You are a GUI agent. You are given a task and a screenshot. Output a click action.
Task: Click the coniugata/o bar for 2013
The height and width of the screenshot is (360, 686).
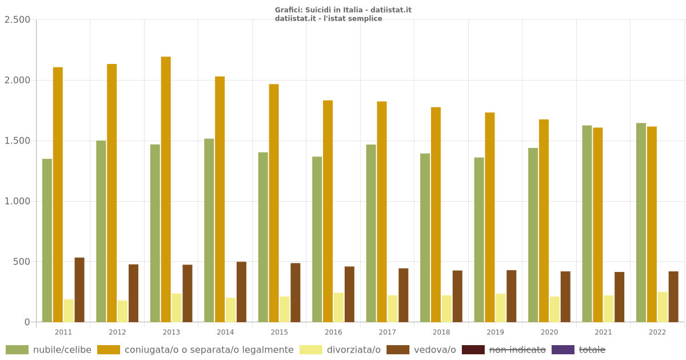point(166,189)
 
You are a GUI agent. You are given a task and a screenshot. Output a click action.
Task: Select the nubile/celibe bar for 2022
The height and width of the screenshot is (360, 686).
point(641,222)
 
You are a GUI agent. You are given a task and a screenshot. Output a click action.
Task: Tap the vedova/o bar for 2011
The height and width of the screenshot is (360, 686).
point(79,290)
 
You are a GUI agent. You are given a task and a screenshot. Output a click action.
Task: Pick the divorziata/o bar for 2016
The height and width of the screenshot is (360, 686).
point(338,307)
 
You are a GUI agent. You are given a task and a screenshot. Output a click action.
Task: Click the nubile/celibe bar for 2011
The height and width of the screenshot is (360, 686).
point(47,240)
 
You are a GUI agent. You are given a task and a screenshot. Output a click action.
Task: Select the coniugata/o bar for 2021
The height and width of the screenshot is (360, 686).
point(597,225)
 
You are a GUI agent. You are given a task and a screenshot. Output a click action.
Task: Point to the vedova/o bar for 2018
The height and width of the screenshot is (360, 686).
point(457,296)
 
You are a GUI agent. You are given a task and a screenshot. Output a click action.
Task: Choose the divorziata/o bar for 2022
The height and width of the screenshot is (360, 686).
point(663,307)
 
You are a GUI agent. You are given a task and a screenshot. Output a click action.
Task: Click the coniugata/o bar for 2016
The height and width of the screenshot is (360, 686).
point(328,211)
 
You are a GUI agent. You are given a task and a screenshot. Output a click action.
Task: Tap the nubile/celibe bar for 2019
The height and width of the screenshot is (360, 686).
point(479,239)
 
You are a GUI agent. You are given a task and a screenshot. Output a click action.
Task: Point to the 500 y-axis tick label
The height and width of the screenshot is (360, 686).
point(22,262)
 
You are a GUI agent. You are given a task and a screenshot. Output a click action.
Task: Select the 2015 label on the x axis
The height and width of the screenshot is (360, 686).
point(279,333)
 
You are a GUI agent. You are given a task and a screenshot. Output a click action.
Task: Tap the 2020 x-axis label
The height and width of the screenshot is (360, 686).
point(549,333)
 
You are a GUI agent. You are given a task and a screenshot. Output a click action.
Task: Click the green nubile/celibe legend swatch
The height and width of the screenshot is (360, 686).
point(17,350)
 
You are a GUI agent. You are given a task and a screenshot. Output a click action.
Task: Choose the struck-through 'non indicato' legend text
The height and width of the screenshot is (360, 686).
point(517,350)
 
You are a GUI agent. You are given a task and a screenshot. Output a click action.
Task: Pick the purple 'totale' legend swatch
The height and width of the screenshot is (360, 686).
point(563,350)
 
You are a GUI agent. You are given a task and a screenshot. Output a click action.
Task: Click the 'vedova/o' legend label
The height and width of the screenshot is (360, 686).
point(434,350)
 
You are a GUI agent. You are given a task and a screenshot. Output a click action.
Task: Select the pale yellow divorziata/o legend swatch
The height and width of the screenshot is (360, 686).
point(310,350)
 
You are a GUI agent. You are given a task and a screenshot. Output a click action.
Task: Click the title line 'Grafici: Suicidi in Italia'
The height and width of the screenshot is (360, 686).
point(343,10)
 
